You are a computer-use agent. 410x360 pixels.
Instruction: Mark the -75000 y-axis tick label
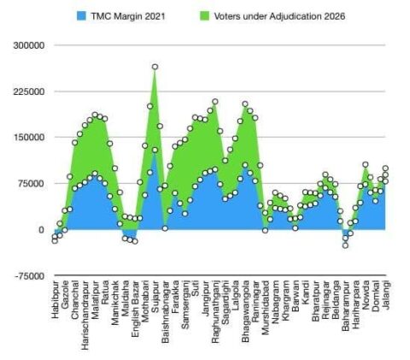click(x=27, y=276)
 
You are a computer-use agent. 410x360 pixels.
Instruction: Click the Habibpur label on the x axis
click(x=56, y=306)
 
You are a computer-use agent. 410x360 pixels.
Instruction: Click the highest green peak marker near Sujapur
click(x=155, y=67)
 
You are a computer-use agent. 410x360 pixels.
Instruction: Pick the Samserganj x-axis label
click(x=184, y=314)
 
